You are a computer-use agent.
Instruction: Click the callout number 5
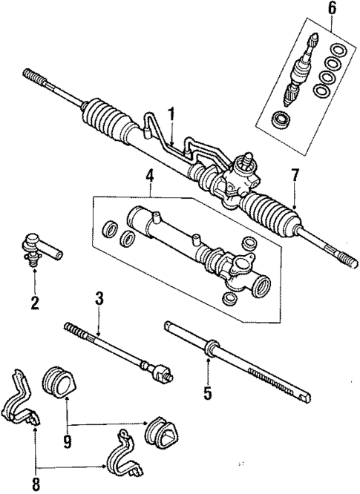[x=209, y=392]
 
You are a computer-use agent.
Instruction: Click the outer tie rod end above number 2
[x=36, y=246]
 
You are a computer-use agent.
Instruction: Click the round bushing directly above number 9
[x=60, y=379]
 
